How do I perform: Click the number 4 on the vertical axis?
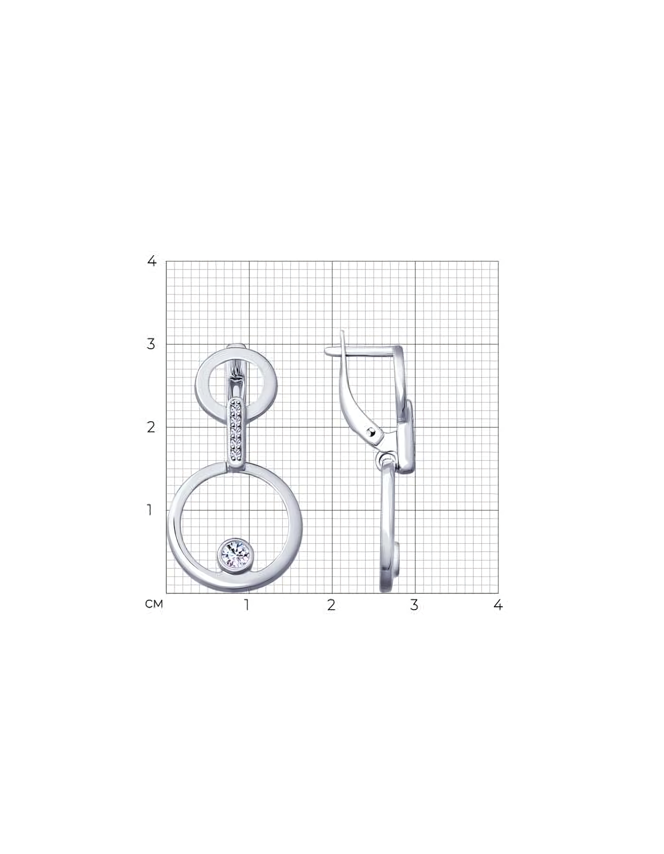pyautogui.click(x=152, y=260)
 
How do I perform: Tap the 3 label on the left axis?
pyautogui.click(x=151, y=344)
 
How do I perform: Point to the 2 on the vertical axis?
pyautogui.click(x=151, y=427)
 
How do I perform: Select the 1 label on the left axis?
pyautogui.click(x=150, y=511)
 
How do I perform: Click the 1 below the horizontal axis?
pyautogui.click(x=247, y=605)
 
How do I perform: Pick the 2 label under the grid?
pyautogui.click(x=331, y=605)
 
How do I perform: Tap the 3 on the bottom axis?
pyautogui.click(x=415, y=605)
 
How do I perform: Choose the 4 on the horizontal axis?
pyautogui.click(x=498, y=605)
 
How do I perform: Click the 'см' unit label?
pyautogui.click(x=154, y=604)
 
